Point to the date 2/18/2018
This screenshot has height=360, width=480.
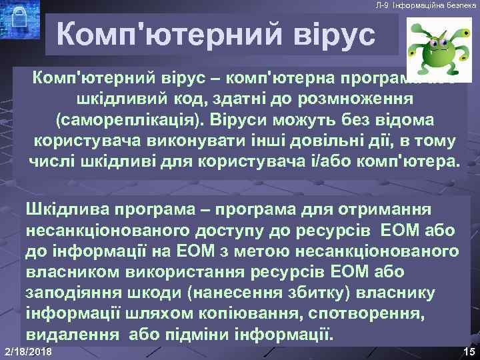(x=29, y=351)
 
